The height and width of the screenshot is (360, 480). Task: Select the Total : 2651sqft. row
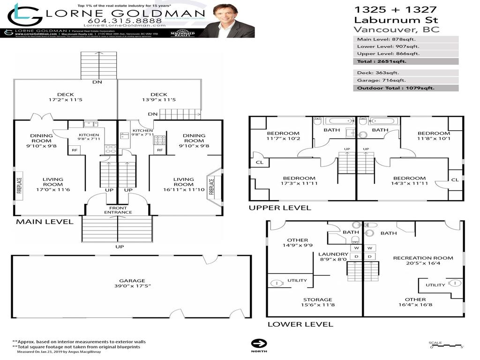(405, 61)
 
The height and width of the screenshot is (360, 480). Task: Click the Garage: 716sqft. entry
(405, 80)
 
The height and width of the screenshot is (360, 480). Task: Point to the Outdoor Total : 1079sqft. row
(405, 88)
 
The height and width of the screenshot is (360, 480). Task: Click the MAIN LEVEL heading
(45, 222)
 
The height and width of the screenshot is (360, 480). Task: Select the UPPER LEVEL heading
(279, 208)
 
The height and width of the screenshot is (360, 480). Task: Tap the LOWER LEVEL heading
(300, 324)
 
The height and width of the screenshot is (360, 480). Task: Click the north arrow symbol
(258, 343)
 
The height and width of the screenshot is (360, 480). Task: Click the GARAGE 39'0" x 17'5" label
(132, 283)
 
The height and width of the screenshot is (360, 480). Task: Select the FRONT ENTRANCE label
(118, 210)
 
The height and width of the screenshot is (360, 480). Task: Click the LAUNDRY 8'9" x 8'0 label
(333, 257)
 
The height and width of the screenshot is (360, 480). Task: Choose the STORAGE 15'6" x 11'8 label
(317, 302)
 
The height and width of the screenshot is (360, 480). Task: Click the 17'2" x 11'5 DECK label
(65, 97)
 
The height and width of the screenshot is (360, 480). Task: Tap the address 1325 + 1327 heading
(395, 9)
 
